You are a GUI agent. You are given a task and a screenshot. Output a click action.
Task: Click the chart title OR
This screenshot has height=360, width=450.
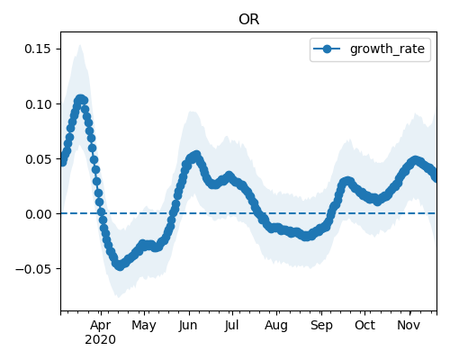(x=248, y=20)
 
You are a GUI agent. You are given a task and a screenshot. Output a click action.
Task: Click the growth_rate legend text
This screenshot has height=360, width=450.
(x=387, y=49)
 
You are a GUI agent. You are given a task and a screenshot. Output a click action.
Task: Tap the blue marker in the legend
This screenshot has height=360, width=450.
(x=327, y=49)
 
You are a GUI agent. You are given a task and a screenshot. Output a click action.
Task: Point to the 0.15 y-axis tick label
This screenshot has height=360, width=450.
(x=38, y=49)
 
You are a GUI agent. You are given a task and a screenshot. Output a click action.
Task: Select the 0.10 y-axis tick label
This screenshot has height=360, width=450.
(x=38, y=104)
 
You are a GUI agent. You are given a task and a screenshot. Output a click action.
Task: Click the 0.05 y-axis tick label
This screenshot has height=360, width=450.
(x=38, y=159)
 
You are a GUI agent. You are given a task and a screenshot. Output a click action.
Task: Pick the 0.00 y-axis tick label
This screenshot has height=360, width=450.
(x=38, y=214)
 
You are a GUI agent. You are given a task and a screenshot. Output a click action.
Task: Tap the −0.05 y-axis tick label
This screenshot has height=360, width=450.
(x=33, y=269)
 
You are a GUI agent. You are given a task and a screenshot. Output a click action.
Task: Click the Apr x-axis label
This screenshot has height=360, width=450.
(x=101, y=325)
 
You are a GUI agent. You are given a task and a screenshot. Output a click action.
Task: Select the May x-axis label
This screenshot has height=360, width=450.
(x=144, y=326)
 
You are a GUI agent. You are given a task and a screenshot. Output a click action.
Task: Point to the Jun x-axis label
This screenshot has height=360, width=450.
(x=188, y=326)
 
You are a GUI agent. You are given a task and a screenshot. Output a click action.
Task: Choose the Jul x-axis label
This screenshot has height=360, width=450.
(x=232, y=326)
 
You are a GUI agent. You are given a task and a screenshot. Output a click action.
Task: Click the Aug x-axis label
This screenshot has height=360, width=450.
(x=276, y=326)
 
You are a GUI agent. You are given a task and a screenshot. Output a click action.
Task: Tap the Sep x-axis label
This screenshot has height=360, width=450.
(x=321, y=326)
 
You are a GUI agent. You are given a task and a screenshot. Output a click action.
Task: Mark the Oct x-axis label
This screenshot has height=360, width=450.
(x=364, y=325)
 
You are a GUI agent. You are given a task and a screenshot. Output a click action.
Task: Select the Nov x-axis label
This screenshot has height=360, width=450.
(x=409, y=325)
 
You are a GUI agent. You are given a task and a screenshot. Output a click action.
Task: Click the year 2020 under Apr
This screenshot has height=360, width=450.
(x=100, y=340)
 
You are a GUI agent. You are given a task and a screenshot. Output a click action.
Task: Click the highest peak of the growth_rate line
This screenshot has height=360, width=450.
(x=80, y=99)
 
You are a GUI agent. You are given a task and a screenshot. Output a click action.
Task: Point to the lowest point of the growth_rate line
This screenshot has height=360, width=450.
(x=120, y=265)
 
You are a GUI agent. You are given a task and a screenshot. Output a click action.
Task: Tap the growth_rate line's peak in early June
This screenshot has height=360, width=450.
(x=197, y=156)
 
